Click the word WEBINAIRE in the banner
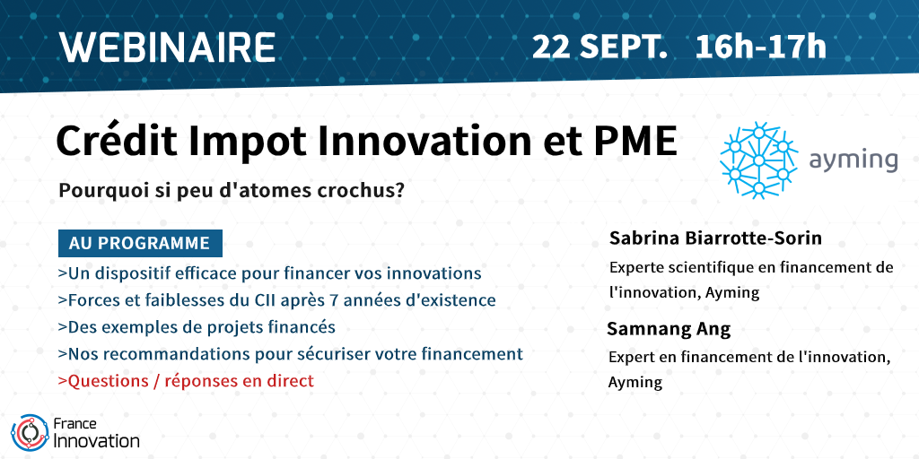point(168,47)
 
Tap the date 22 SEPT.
point(600,48)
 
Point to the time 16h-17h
point(761,48)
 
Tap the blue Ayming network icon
point(758,160)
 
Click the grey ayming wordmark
point(853,160)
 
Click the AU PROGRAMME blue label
point(140,244)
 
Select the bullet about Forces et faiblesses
point(276,300)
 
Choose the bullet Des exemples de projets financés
point(197,327)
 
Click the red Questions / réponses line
point(186,381)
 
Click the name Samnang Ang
point(669,329)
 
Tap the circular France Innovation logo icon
point(30,433)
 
